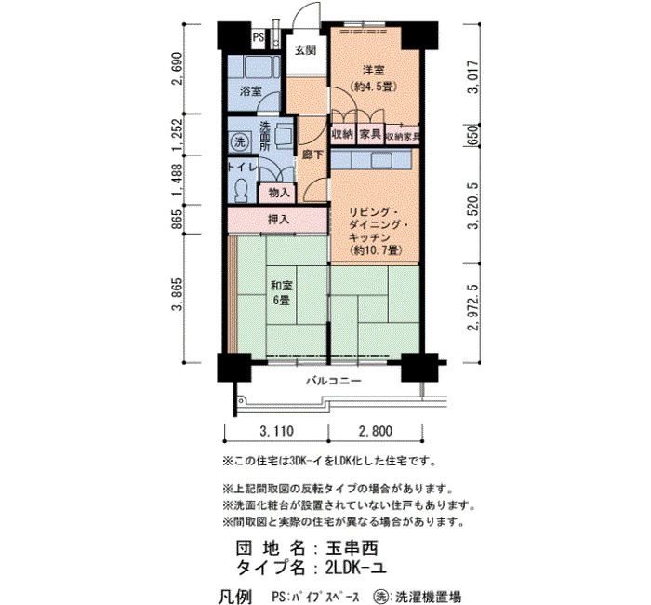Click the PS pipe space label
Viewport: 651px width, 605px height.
[259, 37]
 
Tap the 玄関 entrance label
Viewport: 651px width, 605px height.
[306, 50]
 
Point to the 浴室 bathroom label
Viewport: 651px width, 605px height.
[251, 91]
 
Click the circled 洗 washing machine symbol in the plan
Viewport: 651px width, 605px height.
[240, 142]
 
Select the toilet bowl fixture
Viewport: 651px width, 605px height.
[240, 190]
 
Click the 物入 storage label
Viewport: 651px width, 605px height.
[279, 193]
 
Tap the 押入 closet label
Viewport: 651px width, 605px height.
[278, 219]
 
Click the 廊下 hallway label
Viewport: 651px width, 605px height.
[312, 155]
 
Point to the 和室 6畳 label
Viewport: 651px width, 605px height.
[282, 293]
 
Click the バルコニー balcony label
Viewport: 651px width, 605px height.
[334, 381]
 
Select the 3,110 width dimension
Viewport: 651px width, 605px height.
[276, 431]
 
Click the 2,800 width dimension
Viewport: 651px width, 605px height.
[376, 431]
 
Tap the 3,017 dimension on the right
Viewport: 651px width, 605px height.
[472, 77]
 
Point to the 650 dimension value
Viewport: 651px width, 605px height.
[472, 136]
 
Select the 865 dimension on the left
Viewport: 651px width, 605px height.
[178, 220]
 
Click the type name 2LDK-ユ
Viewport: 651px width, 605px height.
[356, 568]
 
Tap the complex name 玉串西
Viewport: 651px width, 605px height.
[352, 548]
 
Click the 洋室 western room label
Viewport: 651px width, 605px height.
[374, 70]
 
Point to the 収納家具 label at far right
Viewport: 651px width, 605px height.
[403, 136]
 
